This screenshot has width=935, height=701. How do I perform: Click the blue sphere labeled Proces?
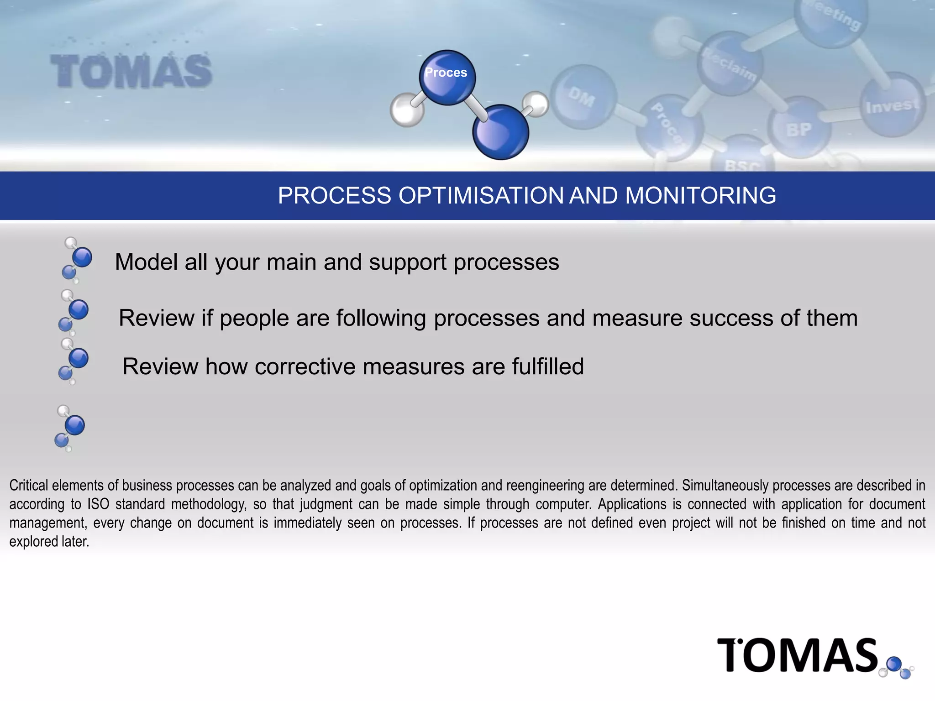[x=447, y=78]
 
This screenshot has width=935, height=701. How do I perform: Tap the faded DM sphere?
[x=583, y=97]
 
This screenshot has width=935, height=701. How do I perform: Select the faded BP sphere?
[x=799, y=128]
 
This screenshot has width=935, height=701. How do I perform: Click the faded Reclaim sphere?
[x=730, y=64]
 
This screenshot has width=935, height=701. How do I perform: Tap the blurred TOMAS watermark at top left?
[x=131, y=71]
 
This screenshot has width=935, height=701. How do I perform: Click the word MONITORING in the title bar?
[x=700, y=196]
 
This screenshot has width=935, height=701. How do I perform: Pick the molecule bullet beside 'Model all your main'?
[x=76, y=261]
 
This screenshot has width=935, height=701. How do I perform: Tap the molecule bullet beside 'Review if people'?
[x=73, y=313]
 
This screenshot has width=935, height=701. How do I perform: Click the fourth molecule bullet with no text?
[x=69, y=428]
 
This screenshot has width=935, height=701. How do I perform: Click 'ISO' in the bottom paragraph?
[x=98, y=504]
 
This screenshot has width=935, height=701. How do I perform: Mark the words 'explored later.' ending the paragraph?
[x=49, y=541]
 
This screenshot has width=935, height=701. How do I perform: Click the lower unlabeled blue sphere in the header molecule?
[x=500, y=132]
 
